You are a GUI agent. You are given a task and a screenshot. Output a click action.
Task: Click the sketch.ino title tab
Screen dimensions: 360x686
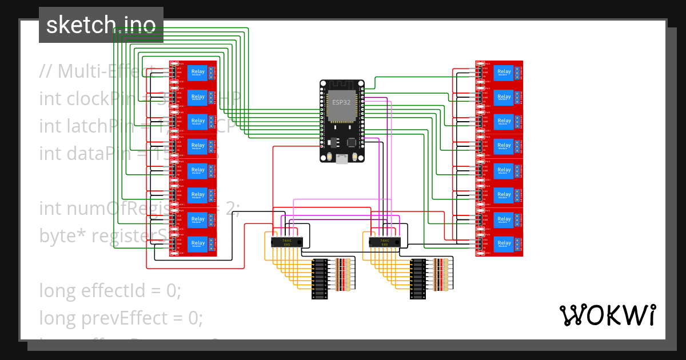tap(101, 25)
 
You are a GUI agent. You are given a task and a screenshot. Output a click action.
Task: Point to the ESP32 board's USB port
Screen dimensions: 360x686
tap(342, 159)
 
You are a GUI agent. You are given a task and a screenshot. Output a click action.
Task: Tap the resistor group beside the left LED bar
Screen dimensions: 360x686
tap(342, 275)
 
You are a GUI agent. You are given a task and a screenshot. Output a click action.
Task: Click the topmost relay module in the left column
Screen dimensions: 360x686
tap(193, 72)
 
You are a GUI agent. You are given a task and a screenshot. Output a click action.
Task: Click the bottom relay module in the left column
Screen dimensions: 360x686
tap(193, 244)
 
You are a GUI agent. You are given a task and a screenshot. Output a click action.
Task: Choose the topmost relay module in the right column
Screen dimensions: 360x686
tap(499, 72)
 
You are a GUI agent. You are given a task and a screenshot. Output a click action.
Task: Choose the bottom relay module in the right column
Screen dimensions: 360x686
tap(499, 244)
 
